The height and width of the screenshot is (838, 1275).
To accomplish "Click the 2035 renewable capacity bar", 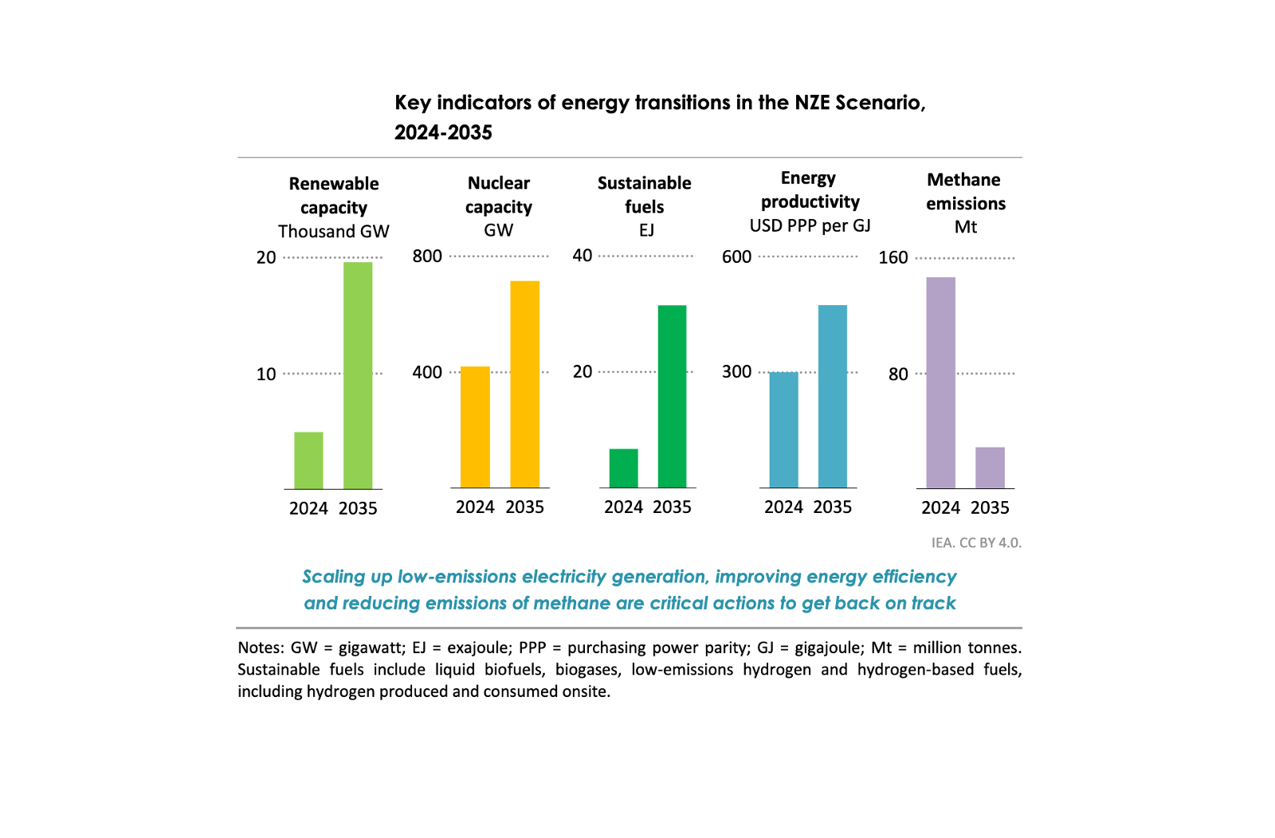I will (358, 375).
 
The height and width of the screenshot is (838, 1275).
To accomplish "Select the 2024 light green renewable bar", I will (308, 460).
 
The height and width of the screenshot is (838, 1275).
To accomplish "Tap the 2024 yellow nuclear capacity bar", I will (475, 427).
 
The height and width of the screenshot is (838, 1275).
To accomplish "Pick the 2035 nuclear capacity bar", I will (524, 384).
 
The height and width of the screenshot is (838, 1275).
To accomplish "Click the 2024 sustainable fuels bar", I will (623, 468).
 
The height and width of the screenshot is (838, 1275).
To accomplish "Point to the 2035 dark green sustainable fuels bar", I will (672, 396).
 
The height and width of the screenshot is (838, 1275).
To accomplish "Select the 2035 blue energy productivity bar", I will (832, 396).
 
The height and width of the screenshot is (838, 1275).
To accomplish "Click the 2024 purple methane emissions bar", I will (940, 382).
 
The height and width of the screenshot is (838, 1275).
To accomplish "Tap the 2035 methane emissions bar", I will (990, 468).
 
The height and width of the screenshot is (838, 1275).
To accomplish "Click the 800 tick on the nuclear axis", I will (427, 256).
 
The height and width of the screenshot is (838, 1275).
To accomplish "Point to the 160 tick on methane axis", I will (892, 258).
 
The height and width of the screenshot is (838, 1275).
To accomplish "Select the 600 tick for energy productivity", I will (736, 256).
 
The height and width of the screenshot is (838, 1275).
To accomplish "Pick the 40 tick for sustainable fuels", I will (583, 256).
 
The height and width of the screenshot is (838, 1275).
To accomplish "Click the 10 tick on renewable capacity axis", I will (266, 374).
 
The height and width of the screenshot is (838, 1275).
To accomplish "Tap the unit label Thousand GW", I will (333, 232).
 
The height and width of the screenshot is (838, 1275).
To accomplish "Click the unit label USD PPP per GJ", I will (810, 226).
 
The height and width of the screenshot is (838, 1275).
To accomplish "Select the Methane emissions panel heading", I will (965, 191).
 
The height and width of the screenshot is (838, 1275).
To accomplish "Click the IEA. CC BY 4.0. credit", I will (975, 542).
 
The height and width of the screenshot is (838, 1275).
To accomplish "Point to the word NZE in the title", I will (813, 103).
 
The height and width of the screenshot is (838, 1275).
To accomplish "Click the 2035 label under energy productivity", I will (832, 507).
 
